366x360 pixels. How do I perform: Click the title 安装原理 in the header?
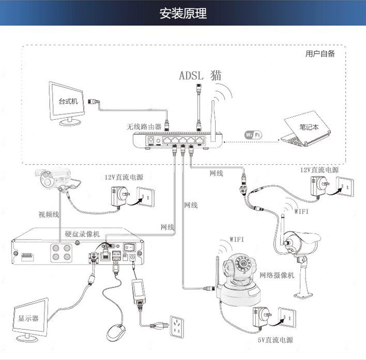point(183,13)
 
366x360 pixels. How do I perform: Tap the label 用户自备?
point(319,54)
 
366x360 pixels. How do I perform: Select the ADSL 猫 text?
point(200,75)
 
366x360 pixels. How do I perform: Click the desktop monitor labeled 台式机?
point(67,101)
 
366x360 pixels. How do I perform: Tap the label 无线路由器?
point(144,126)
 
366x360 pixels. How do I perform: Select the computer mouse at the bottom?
point(117,331)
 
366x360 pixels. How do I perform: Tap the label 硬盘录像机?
point(82,233)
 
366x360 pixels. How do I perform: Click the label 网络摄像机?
point(276,275)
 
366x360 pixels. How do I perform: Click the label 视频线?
point(49,214)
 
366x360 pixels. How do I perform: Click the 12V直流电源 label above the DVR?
point(124,177)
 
